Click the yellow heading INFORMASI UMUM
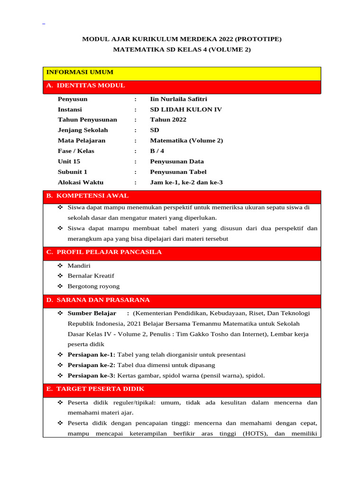[x=80, y=72]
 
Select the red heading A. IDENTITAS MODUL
[x=86, y=86]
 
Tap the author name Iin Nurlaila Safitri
[x=178, y=99]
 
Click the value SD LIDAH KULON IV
[x=186, y=110]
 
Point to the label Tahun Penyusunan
[x=87, y=120]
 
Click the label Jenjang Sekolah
[x=82, y=130]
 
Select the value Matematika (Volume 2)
[x=186, y=141]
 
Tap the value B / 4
[x=157, y=151]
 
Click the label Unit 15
[x=69, y=162]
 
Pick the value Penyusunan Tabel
[x=178, y=172]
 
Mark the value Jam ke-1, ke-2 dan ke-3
[x=186, y=182]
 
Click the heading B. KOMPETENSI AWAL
[x=87, y=196]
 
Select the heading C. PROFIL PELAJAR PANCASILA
[x=104, y=252]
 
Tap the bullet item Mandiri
[x=79, y=266]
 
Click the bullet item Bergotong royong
[x=93, y=287]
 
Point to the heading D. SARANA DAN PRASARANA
[x=98, y=300]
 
